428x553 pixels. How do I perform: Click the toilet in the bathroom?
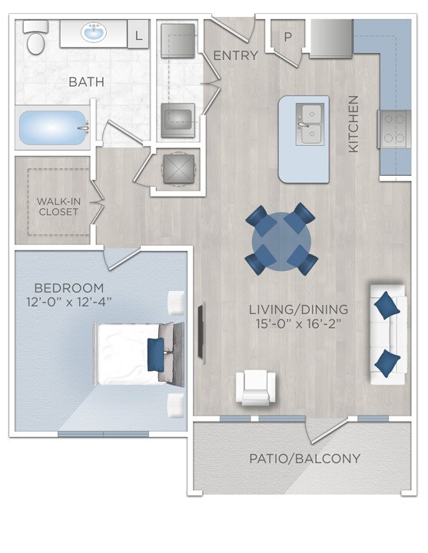(x=35, y=38)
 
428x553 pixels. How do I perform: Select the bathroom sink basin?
(x=95, y=34)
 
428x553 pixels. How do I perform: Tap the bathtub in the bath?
(x=52, y=128)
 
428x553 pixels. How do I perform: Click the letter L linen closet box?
(x=138, y=35)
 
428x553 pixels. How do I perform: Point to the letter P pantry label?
(x=288, y=36)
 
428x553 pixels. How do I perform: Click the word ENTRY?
(x=235, y=55)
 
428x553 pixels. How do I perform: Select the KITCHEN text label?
(x=354, y=123)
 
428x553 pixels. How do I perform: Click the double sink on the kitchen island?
(x=309, y=125)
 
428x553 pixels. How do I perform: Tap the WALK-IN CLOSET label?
(x=58, y=206)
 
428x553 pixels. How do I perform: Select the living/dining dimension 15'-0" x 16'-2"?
(x=298, y=324)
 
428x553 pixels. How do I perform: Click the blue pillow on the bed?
(x=155, y=354)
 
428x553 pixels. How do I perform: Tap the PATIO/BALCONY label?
(x=304, y=459)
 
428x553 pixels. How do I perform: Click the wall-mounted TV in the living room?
(x=201, y=332)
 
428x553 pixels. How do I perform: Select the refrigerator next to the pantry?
(x=331, y=37)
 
